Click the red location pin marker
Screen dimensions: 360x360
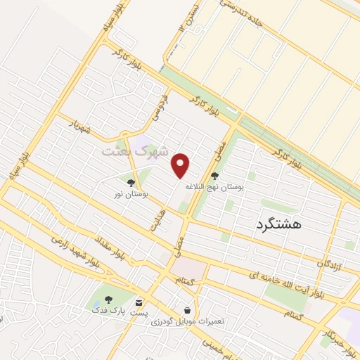182,165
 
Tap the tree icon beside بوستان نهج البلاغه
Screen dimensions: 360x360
214,176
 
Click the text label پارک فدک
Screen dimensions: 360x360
108,309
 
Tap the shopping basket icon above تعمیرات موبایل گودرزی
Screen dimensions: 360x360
187,309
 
